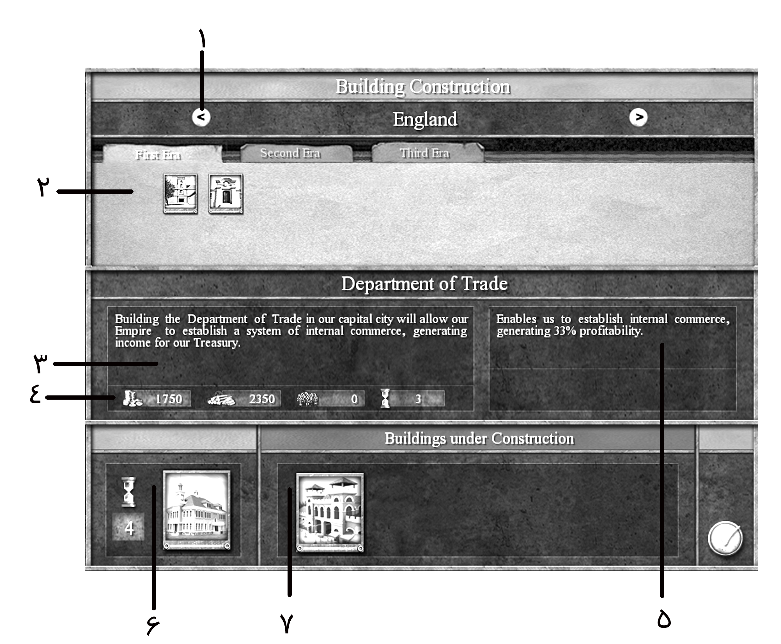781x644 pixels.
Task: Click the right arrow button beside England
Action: (638, 117)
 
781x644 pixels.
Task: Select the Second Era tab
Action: (290, 153)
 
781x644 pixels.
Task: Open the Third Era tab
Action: (424, 153)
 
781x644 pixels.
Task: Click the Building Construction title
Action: (423, 87)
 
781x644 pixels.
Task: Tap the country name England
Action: (425, 119)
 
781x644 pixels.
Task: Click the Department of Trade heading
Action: (424, 284)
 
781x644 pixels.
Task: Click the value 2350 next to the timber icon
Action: (262, 399)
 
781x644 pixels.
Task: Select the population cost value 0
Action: (354, 399)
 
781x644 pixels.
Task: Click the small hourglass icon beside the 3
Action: (385, 399)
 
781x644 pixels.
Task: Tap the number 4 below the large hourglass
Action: (128, 527)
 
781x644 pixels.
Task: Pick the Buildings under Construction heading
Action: (479, 439)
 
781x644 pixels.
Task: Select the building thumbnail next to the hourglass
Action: (196, 510)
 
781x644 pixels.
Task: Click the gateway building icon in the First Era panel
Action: (226, 194)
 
